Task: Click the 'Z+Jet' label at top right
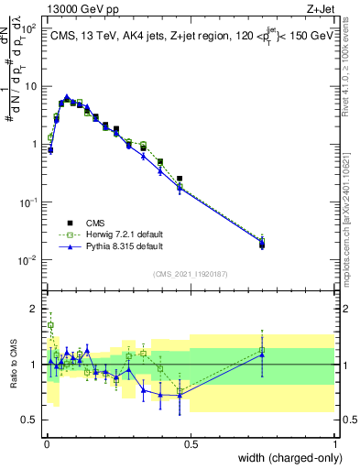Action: tap(323, 8)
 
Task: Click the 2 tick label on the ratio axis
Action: tap(33, 307)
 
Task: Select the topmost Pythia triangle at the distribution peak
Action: tap(67, 95)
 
